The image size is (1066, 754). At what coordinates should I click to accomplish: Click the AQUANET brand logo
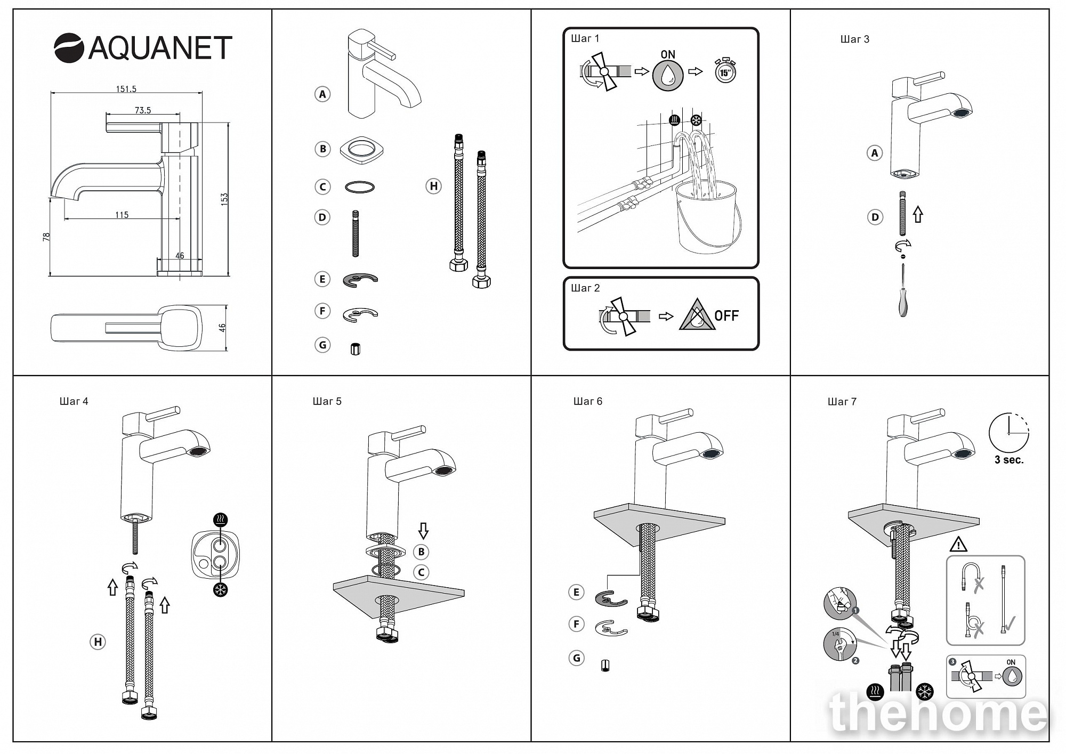[x=143, y=48]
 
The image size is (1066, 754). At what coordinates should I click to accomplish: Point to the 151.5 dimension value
[x=126, y=89]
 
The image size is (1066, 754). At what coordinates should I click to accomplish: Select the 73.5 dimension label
[x=143, y=110]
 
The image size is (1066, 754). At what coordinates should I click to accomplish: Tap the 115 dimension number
[x=122, y=215]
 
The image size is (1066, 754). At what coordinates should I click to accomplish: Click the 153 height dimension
[x=224, y=199]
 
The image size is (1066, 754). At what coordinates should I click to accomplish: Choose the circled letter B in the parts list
[x=322, y=149]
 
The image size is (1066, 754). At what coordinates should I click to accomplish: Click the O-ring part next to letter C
[x=360, y=187]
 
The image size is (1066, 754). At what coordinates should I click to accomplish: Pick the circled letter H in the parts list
[x=433, y=186]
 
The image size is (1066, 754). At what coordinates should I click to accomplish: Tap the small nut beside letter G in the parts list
[x=356, y=349]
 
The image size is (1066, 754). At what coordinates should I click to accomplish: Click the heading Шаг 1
[x=585, y=38]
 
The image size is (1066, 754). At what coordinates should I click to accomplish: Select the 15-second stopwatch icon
[x=725, y=71]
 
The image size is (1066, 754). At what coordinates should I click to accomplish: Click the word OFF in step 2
[x=726, y=316]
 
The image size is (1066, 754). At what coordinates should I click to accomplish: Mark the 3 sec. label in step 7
[x=1009, y=460]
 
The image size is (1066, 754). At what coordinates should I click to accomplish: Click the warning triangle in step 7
[x=958, y=545]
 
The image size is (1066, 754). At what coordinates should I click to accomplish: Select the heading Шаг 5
[x=327, y=401]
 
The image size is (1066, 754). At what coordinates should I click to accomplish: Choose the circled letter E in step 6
[x=576, y=592]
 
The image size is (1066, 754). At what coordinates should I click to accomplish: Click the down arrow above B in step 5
[x=423, y=531]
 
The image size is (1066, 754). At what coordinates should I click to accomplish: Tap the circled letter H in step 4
[x=98, y=642]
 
